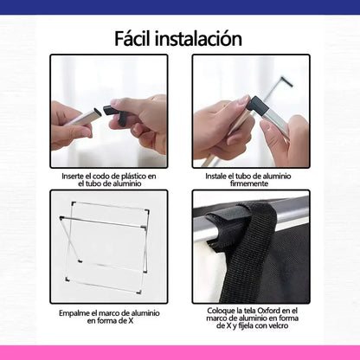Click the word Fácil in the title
[x=133, y=38]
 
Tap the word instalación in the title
[x=198, y=38]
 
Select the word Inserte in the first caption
[x=73, y=177]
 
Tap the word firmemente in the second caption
[x=249, y=183]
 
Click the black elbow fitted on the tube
[x=256, y=105]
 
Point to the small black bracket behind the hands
[x=286, y=80]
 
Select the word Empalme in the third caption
[x=73, y=313]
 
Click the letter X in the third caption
[x=131, y=321]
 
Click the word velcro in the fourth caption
[x=278, y=325]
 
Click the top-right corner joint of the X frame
[x=147, y=212]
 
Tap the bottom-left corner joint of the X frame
[x=67, y=280]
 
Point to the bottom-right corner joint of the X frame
[x=139, y=292]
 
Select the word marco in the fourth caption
[x=215, y=318]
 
